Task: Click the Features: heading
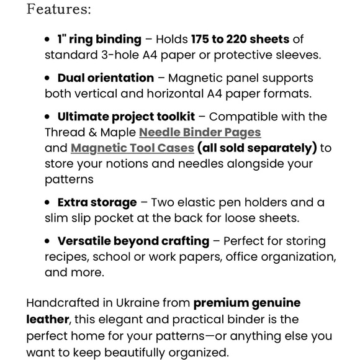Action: click(x=59, y=9)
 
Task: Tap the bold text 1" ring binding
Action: click(x=92, y=40)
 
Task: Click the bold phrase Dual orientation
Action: click(x=106, y=78)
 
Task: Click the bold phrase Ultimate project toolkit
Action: click(x=126, y=117)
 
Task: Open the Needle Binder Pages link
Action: click(x=200, y=132)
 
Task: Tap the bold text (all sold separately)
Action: click(x=257, y=148)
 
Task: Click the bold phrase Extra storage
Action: click(x=97, y=202)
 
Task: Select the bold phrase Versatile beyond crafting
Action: click(x=133, y=241)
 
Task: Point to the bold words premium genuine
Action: click(x=247, y=304)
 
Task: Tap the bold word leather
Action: click(x=47, y=319)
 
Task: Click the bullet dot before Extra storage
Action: click(x=48, y=202)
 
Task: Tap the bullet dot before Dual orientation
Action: click(x=48, y=78)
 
